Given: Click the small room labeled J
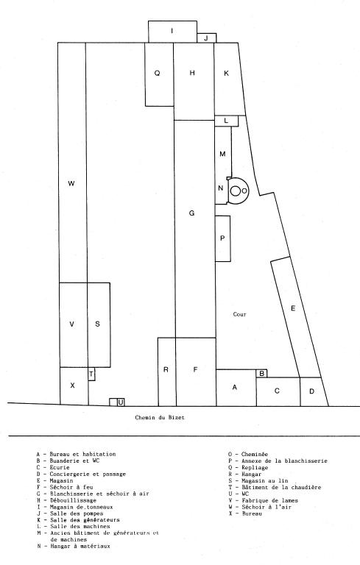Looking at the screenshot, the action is (x=206, y=38).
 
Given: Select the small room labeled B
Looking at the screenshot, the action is (x=261, y=373).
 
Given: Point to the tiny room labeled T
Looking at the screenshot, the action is (x=91, y=374).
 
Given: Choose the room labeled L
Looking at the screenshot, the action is (x=227, y=121).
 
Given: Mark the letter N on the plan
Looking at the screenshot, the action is (x=221, y=188).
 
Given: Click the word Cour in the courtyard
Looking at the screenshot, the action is (x=239, y=314).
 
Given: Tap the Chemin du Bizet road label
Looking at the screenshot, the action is (x=160, y=418).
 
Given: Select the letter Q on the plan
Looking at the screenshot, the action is (x=157, y=73).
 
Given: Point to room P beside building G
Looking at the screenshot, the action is (x=222, y=238).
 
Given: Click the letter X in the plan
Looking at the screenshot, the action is (x=72, y=385).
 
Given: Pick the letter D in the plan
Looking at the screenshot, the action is (x=312, y=391).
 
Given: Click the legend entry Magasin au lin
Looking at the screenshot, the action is (x=258, y=480).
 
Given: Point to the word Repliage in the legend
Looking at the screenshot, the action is (x=255, y=468).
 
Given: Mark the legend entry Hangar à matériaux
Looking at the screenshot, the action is (x=73, y=547).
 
